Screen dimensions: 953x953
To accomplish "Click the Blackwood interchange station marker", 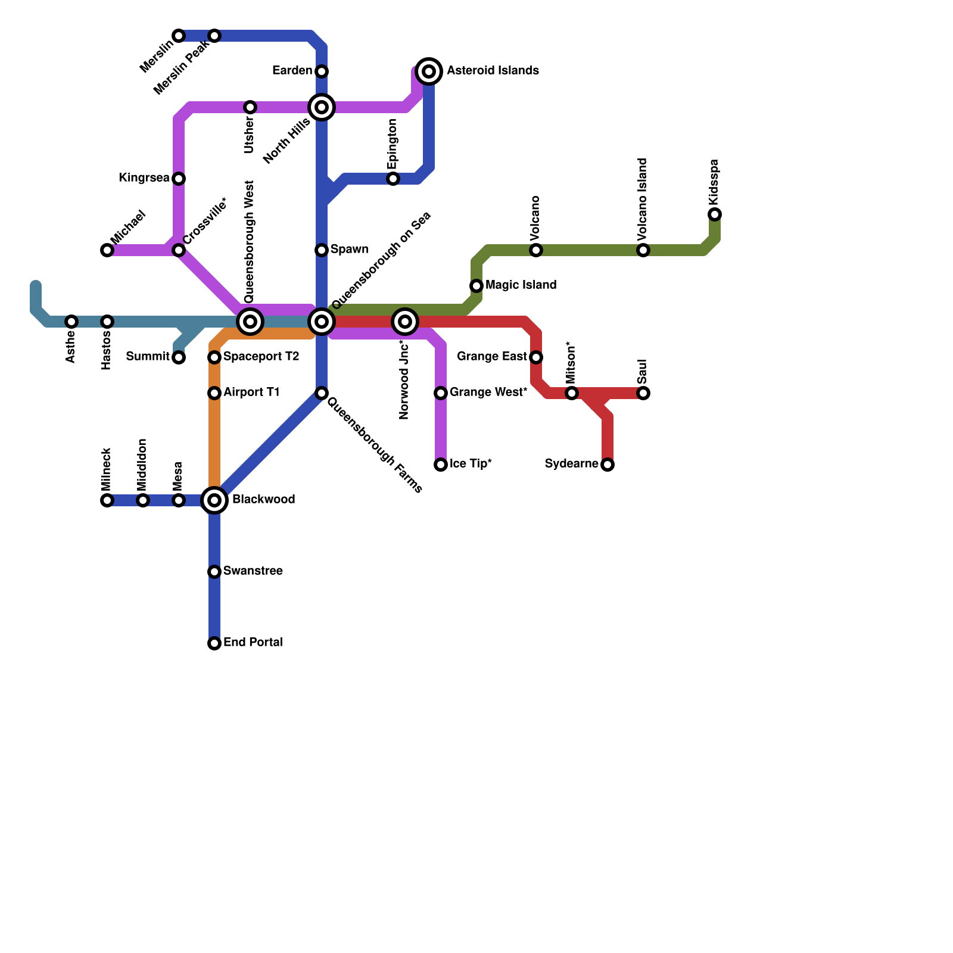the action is pos(214,500).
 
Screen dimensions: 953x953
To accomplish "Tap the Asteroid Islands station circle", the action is pos(429,71).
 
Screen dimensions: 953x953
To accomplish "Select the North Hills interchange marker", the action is pos(322,107).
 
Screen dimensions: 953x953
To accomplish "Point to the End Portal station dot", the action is pos(214,643).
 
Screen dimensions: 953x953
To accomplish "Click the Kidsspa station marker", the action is pos(715,214).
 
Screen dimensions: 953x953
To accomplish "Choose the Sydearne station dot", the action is pos(608,465).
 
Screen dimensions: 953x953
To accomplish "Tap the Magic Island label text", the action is pos(521,285).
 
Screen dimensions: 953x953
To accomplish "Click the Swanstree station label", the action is pos(253,571).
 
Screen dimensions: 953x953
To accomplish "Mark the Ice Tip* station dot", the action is pos(441,465).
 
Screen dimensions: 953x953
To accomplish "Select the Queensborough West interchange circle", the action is pos(250,322).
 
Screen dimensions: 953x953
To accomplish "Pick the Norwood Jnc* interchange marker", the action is pos(405,322).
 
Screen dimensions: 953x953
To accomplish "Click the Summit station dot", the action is pos(179,357).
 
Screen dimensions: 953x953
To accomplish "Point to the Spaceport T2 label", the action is pos(261,357).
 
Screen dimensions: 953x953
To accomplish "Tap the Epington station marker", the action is pos(393,179).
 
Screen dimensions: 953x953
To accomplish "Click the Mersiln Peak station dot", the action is pos(214,36).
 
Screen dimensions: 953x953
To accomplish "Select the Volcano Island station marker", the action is pos(643,250).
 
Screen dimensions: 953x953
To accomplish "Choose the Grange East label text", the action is pos(491,357).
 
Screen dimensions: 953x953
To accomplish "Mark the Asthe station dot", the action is pos(71,322).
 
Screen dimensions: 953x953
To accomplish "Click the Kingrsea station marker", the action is pos(179,179).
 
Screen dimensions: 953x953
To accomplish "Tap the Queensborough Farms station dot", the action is pos(322,393).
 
